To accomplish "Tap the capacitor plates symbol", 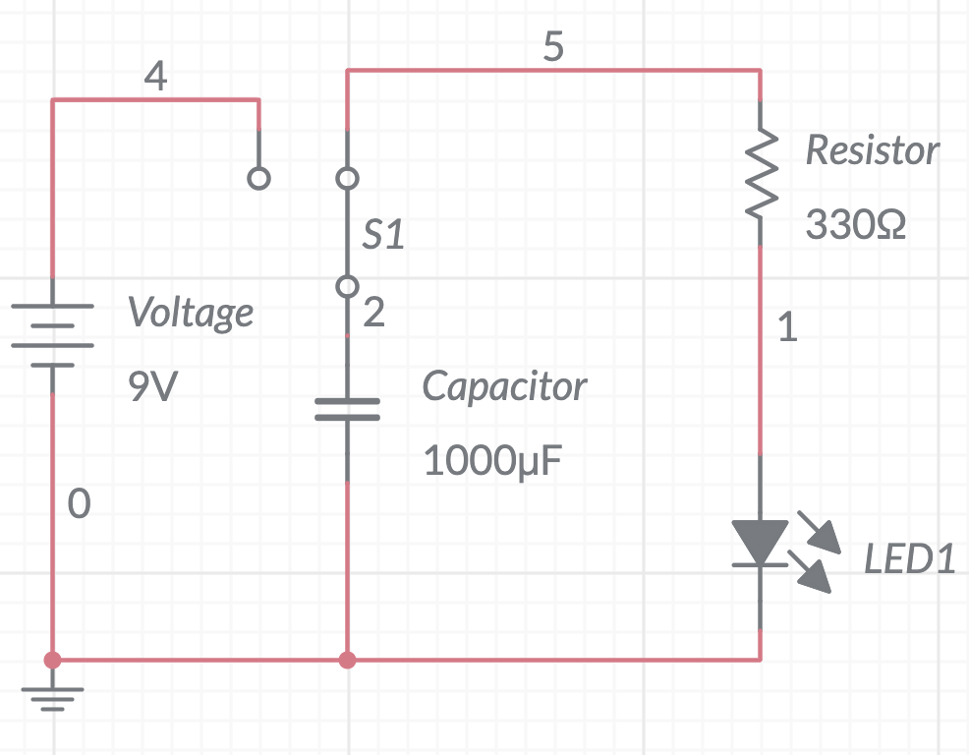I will (x=347, y=409).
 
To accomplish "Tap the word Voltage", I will (x=191, y=314).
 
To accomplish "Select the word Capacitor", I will (x=504, y=386).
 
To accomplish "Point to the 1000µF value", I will (x=493, y=459).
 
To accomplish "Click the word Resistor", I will (x=872, y=150).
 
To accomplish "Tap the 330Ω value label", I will (x=855, y=225).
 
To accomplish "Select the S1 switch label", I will (x=383, y=236).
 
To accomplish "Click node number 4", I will (x=155, y=76).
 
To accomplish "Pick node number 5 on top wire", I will (x=553, y=47).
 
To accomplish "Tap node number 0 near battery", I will (x=80, y=505).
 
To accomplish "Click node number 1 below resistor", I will (x=787, y=327).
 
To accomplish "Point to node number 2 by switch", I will (x=374, y=314).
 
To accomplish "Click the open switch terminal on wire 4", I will (x=258, y=179).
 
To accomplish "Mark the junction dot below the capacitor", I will (x=347, y=660).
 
